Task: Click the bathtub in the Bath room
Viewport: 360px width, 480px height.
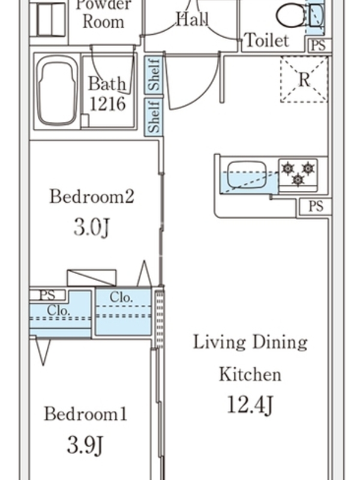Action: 57,91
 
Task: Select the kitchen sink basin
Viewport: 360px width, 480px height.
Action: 247,174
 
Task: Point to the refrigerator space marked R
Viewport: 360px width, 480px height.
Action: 304,79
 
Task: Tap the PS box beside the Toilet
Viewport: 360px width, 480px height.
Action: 319,46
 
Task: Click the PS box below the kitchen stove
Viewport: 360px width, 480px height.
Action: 316,206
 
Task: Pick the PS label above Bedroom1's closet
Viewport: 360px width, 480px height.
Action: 47,295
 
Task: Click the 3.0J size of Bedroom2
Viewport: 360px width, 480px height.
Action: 91,227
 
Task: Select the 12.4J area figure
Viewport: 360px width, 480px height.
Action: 250,404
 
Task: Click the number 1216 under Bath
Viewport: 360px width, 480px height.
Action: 107,104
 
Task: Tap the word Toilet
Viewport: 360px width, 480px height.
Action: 267,40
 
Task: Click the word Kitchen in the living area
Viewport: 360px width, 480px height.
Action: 250,374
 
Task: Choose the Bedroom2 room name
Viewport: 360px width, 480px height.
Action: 92,196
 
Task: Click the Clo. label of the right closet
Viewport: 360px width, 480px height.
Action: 121,297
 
